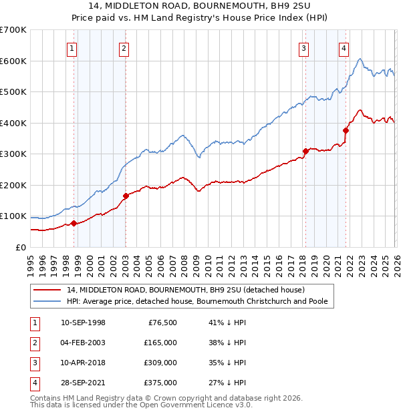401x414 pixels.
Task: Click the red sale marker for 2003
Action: click(126, 196)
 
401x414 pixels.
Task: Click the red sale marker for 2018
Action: click(305, 151)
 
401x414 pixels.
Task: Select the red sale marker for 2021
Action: click(346, 131)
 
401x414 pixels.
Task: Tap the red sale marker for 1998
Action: click(74, 224)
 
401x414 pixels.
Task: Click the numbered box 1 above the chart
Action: click(72, 48)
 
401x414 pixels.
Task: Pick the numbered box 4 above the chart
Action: click(344, 48)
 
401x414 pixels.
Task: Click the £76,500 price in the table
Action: click(161, 323)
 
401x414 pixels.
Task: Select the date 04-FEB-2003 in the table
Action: click(83, 343)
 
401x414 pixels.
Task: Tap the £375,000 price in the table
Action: click(160, 383)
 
